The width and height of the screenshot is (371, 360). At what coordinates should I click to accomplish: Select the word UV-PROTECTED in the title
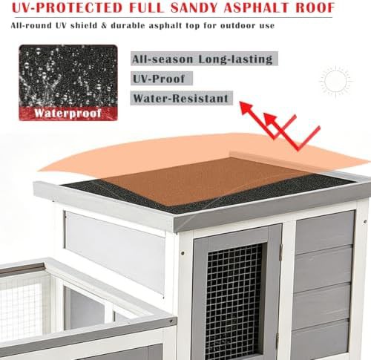[x=68, y=7]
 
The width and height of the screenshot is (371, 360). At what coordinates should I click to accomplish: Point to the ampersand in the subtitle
[x=104, y=25]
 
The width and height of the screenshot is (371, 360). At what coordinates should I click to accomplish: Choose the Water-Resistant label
[x=180, y=98]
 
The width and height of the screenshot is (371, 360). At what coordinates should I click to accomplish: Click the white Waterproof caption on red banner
[x=68, y=114]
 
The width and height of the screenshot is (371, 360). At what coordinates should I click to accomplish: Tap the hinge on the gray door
[x=280, y=252]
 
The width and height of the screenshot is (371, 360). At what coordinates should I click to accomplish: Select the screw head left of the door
[x=183, y=253]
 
